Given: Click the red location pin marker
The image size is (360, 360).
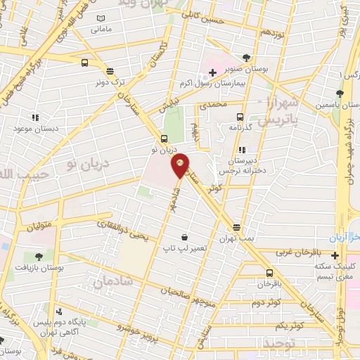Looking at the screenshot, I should pyautogui.click(x=180, y=166).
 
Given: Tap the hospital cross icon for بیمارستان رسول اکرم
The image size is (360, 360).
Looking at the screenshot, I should pyautogui.click(x=212, y=72).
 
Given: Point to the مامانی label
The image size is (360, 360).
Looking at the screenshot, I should pyautogui.click(x=101, y=29).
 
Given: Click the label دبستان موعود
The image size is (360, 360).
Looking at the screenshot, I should pyautogui.click(x=34, y=129).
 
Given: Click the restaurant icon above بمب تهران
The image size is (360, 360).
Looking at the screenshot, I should pyautogui.click(x=236, y=227).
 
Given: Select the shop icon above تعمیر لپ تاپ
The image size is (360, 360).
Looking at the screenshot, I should pyautogui.click(x=184, y=237).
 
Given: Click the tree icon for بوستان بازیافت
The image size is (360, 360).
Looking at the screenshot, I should pyautogui.click(x=37, y=257).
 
